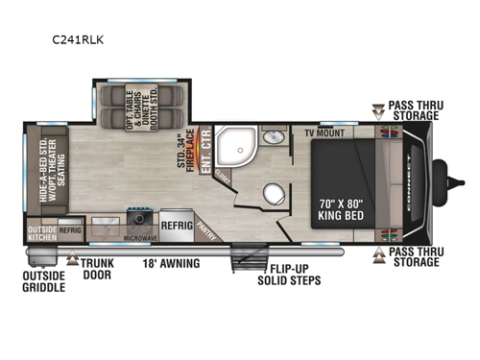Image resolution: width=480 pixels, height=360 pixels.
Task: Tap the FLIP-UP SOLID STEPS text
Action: (x=289, y=274)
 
